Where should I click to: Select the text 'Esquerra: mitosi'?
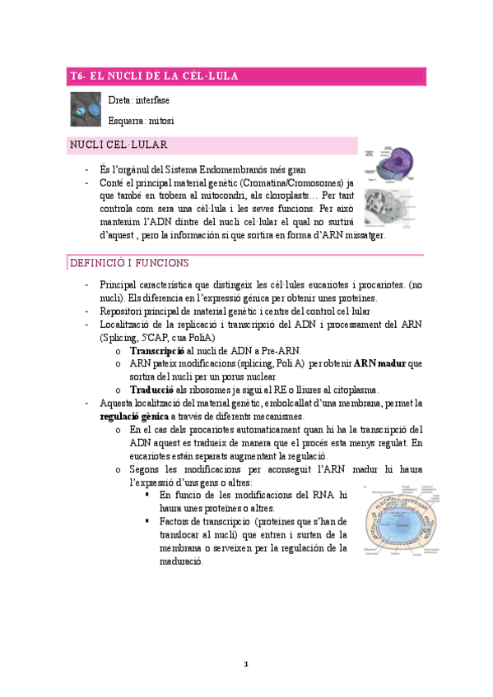coord(141,121)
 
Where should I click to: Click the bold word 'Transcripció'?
coord(157,350)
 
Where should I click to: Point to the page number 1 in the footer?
coord(246,663)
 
